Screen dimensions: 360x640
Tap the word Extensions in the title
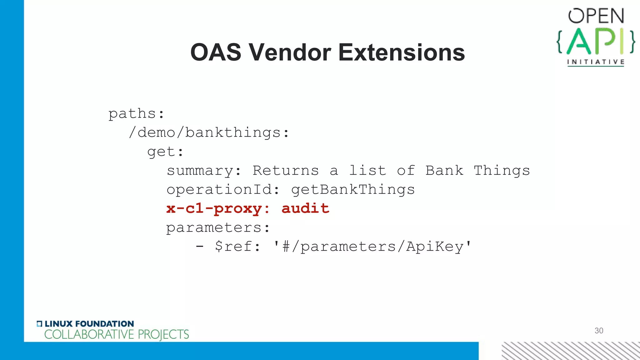[402, 52]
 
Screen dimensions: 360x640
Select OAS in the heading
[216, 52]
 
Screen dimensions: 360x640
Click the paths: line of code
[136, 114]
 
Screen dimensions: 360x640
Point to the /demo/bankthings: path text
[209, 133]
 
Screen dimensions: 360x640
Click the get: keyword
[165, 152]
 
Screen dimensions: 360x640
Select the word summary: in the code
[204, 171]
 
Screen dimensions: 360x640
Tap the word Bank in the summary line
[444, 171]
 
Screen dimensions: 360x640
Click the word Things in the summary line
[502, 171]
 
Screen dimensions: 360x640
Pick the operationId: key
[223, 190]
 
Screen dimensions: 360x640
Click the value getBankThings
[353, 190]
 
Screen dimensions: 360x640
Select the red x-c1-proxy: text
[218, 209]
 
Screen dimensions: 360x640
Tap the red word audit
[305, 208]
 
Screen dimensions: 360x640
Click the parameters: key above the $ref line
[218, 228]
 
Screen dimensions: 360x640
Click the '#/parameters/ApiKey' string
[372, 247]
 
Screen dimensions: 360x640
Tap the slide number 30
[599, 331]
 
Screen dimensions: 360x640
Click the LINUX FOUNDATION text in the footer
[89, 324]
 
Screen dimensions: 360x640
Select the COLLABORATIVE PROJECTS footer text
[117, 335]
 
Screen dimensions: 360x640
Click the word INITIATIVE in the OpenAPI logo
[596, 62]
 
